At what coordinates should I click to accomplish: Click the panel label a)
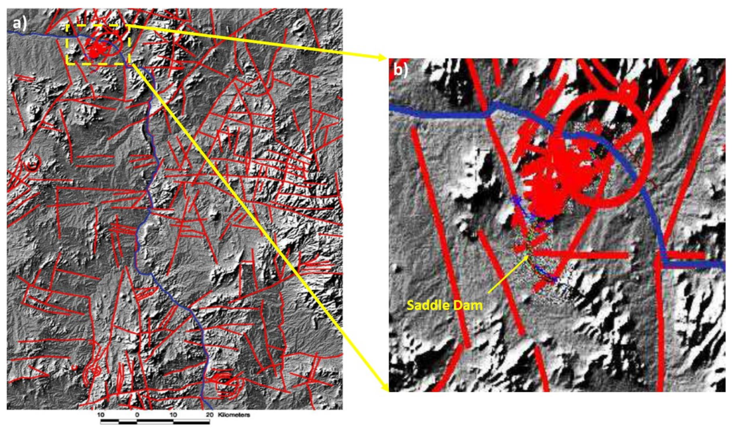tap(19, 23)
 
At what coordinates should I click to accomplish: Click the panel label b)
tap(400, 70)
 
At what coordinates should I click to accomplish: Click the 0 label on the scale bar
tap(137, 415)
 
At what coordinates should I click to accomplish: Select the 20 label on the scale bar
tap(209, 415)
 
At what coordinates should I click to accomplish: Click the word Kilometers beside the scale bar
tap(234, 415)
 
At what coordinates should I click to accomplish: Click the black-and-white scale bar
tap(155, 422)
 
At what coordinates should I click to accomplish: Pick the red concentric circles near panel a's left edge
tap(31, 164)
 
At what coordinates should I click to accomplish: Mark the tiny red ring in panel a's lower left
tap(73, 367)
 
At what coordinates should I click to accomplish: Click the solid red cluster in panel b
tap(558, 169)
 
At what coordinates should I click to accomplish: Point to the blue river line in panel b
tap(442, 113)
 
